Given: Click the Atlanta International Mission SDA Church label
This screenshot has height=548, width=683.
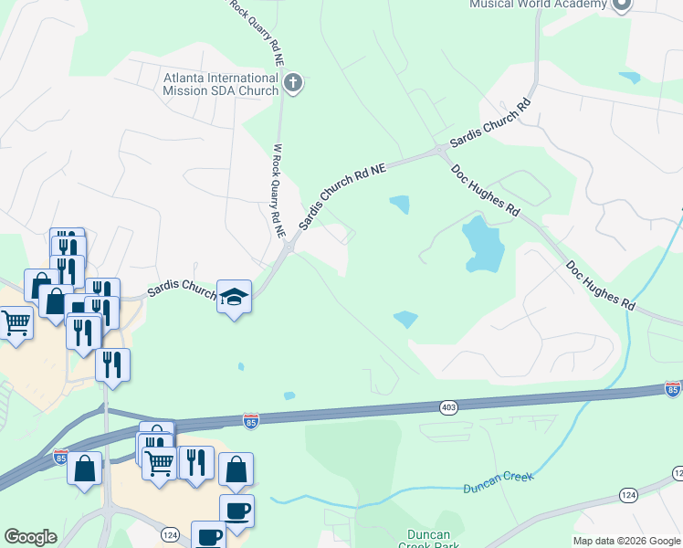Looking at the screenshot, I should coord(220,84).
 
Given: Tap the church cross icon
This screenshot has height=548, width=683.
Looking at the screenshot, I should coord(292,85).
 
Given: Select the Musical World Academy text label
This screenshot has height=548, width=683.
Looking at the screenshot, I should coord(537,4).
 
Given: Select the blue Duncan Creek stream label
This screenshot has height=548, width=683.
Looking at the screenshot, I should coord(497,482).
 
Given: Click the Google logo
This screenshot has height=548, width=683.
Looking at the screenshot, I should coord(30,537).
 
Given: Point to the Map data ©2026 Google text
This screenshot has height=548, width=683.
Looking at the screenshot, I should coord(626,541).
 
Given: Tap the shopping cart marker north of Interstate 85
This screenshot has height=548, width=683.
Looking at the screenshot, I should coord(16,321).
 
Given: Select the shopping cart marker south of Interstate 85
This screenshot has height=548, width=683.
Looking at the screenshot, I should coord(160,462).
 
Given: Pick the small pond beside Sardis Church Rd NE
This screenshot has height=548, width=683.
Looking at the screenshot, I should coord(399,204).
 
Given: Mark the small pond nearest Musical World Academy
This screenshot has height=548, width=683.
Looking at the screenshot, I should coord(629,78).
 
